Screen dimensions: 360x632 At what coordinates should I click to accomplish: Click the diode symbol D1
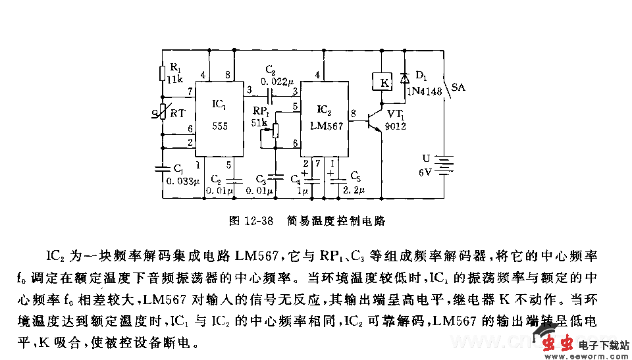(x=404, y=78)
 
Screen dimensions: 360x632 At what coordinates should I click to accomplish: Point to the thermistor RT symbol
(x=163, y=114)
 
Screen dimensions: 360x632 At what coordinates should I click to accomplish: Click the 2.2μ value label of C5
(x=354, y=190)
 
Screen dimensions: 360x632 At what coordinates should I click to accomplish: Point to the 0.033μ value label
(x=182, y=182)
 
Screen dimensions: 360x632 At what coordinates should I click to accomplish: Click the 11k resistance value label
(x=174, y=80)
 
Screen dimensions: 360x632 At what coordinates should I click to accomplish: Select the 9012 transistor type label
(x=396, y=126)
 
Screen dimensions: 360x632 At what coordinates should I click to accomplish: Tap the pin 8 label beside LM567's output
(x=354, y=113)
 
